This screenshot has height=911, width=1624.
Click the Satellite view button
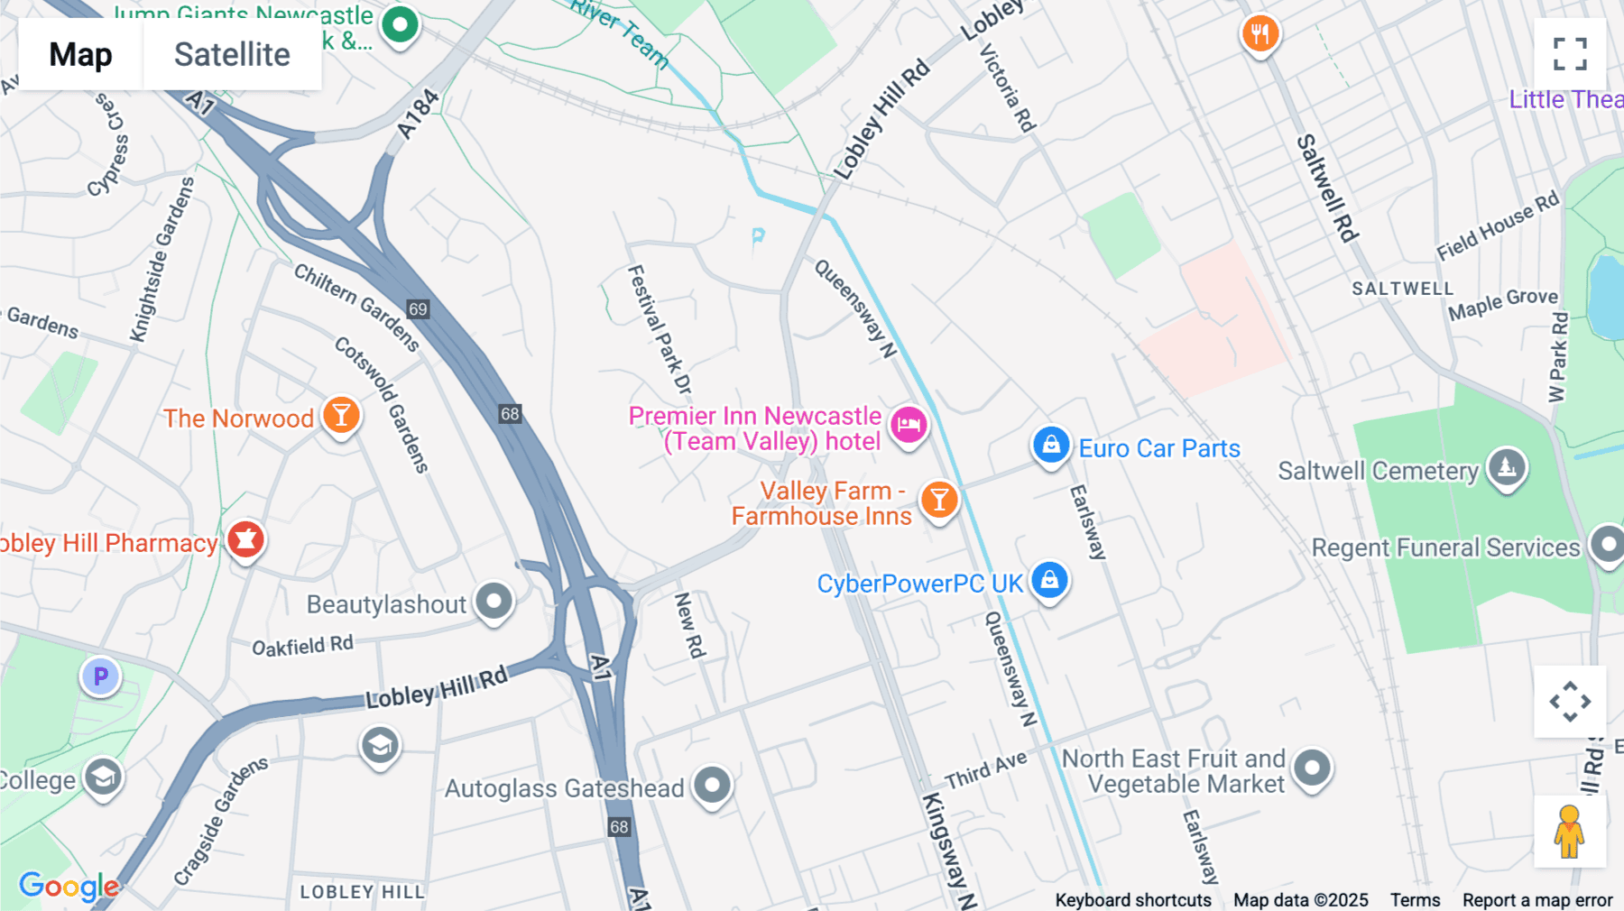(x=232, y=54)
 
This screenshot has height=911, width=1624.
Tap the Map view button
(x=80, y=54)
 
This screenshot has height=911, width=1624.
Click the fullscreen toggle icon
(x=1570, y=54)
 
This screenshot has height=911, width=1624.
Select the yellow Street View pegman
(x=1569, y=832)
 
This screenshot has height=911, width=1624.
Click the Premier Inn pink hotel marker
(x=909, y=424)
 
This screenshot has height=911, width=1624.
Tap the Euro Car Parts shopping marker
(x=1051, y=445)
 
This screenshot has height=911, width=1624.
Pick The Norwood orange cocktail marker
(x=341, y=416)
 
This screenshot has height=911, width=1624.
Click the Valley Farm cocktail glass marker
(x=939, y=499)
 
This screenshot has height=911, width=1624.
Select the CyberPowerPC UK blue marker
(x=1049, y=580)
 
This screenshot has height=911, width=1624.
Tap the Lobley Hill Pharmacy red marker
(x=245, y=539)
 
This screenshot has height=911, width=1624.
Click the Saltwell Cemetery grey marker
(x=1507, y=467)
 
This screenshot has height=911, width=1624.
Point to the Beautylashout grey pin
(x=494, y=601)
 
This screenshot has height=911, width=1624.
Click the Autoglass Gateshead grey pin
(x=713, y=786)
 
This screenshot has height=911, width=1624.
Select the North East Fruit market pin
(x=1312, y=768)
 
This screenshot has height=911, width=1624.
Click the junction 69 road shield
(x=418, y=309)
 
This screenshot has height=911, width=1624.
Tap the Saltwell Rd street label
(x=1327, y=189)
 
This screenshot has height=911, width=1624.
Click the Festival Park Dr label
(x=660, y=328)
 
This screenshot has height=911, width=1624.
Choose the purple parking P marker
(x=101, y=676)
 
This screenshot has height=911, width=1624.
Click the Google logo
(x=69, y=886)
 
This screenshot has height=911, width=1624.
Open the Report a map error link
(x=1537, y=900)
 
